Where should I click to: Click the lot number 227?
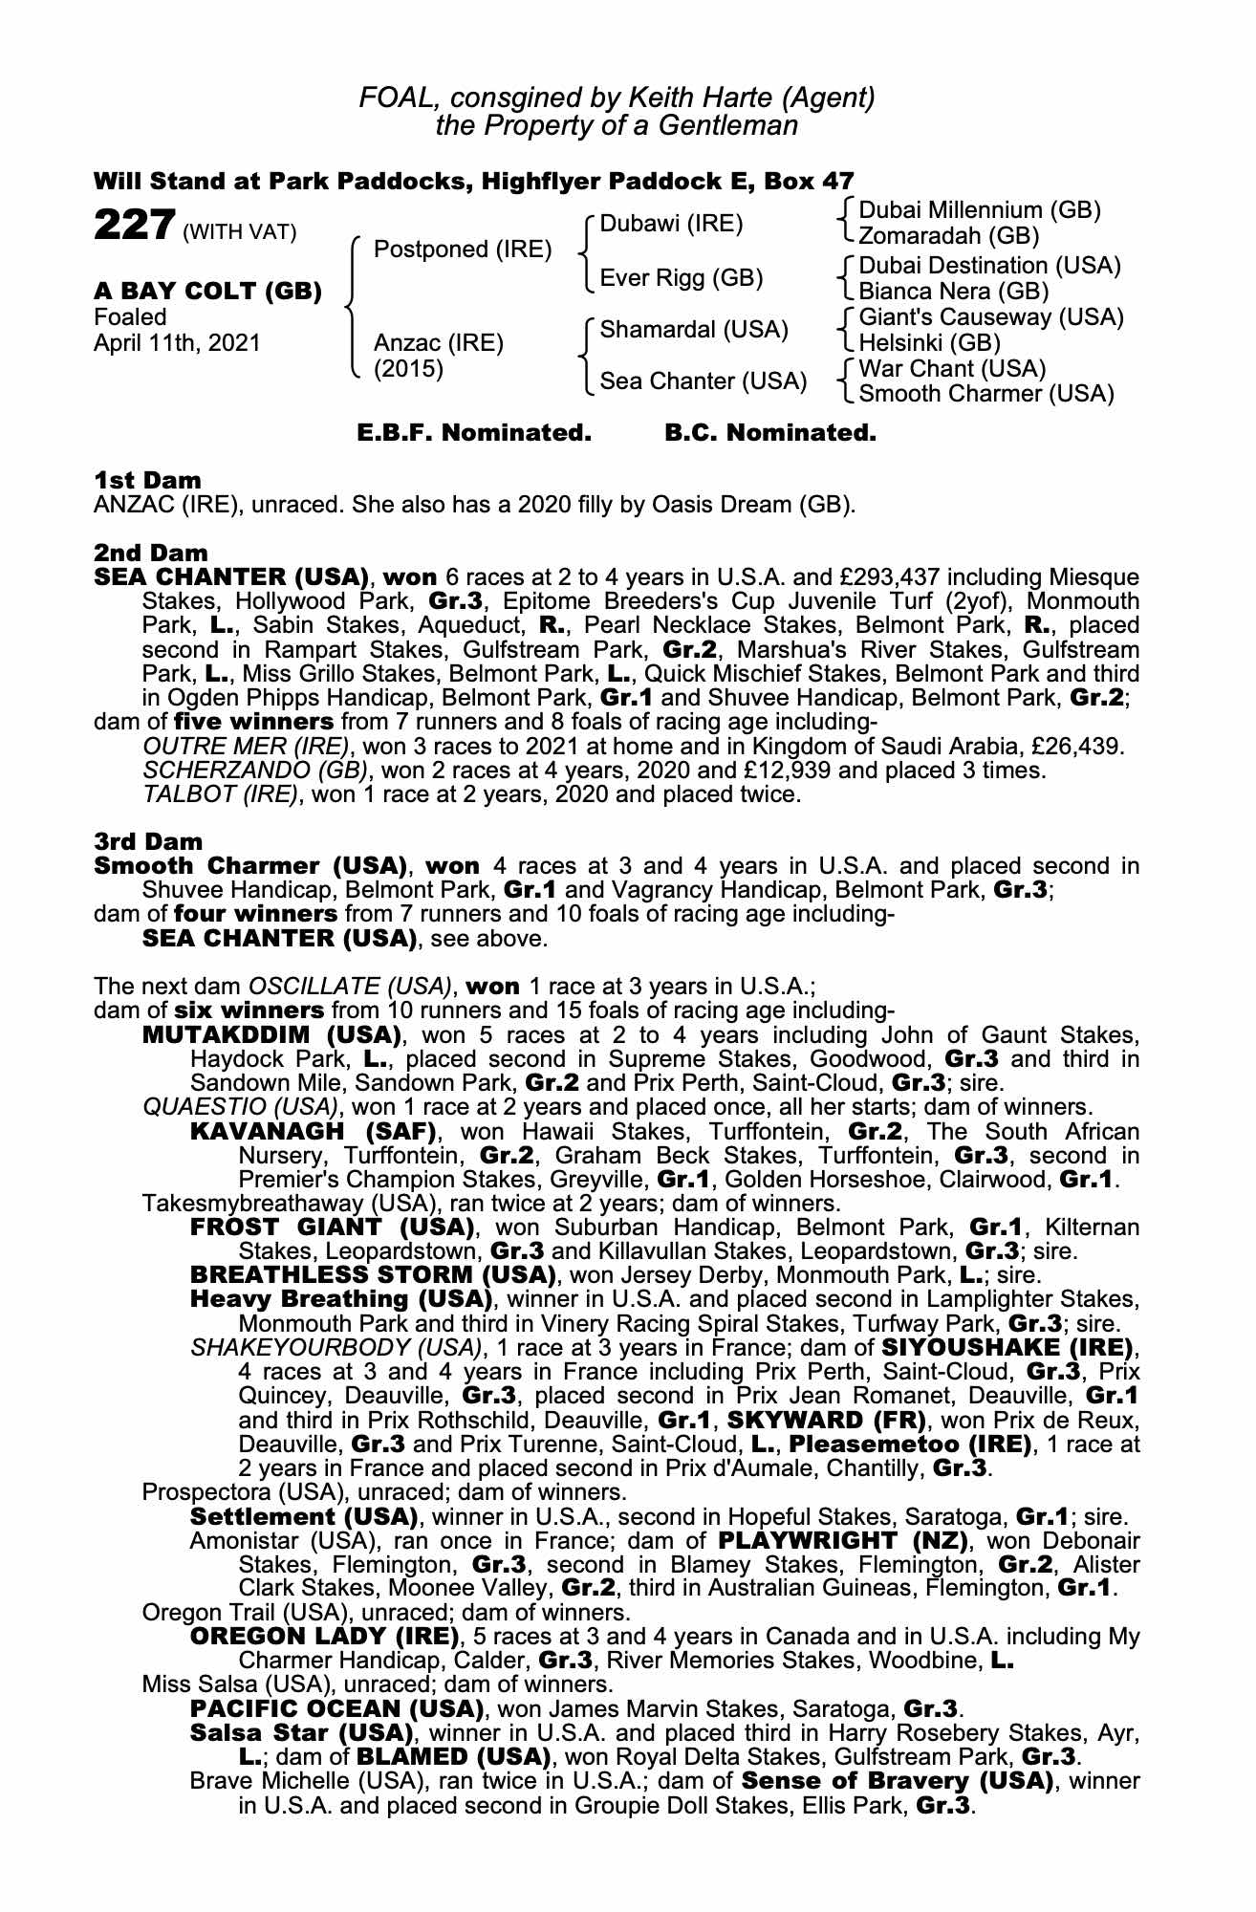[133, 228]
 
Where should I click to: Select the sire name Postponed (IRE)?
[463, 250]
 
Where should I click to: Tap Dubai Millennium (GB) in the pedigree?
[981, 210]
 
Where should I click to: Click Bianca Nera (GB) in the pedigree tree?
[954, 292]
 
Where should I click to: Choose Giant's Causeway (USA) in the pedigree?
[991, 317]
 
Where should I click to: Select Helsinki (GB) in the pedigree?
[929, 342]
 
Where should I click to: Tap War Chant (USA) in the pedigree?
[952, 369]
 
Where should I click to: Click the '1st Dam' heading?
[147, 480]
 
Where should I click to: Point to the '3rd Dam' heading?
[148, 842]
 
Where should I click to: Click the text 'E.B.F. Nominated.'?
[474, 433]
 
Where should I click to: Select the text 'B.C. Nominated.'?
[769, 433]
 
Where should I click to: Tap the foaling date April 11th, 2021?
[177, 342]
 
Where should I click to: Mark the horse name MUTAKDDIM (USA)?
[271, 1035]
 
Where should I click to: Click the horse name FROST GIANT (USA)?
[333, 1228]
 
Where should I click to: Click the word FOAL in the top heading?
[395, 98]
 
